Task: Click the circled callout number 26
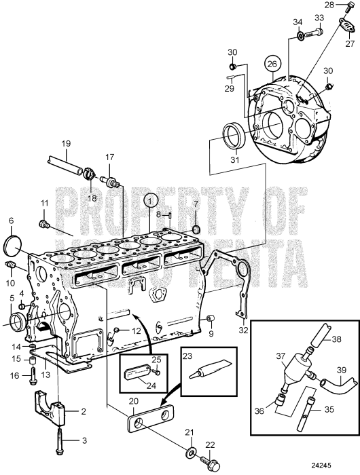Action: [272, 64]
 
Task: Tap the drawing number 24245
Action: [321, 465]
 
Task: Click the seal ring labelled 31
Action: [233, 135]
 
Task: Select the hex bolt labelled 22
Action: [210, 462]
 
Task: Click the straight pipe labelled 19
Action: [65, 165]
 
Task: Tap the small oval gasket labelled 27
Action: [348, 25]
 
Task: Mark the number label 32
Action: [243, 330]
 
